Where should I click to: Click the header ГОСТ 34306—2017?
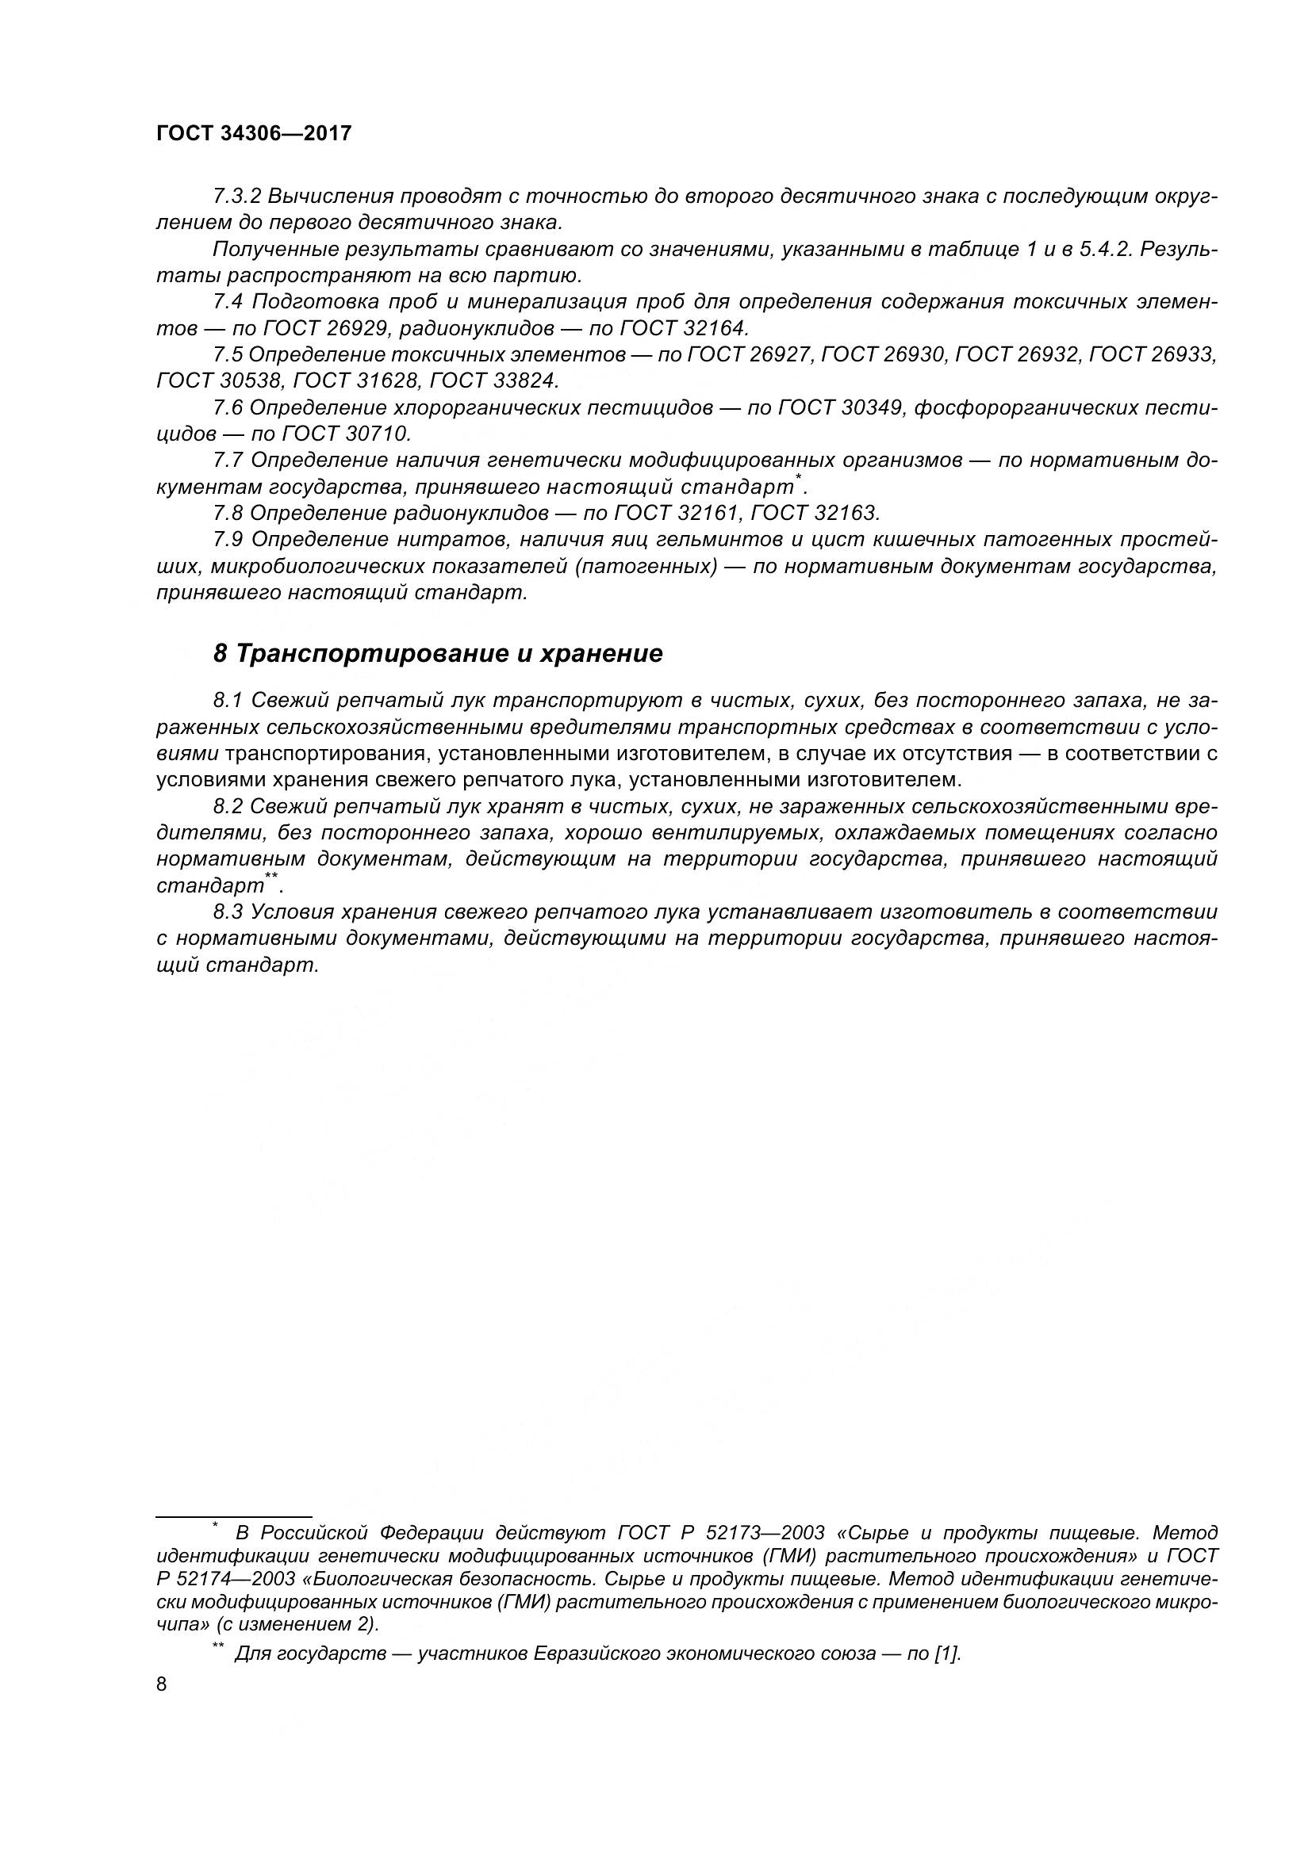click(254, 133)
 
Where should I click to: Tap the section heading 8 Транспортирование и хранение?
click(437, 653)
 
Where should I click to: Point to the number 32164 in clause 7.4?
click(715, 328)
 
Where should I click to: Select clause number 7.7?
click(227, 461)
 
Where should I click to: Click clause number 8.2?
click(227, 806)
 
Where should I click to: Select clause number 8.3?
click(227, 912)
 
